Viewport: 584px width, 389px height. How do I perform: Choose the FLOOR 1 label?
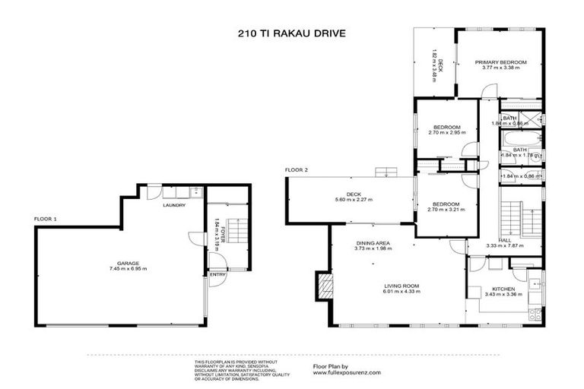click(46, 219)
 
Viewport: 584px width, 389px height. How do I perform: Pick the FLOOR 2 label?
click(296, 169)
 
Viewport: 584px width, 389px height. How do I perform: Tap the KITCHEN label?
click(503, 289)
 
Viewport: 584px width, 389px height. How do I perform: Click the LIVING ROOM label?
click(401, 286)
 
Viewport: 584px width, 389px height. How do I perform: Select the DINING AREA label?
click(373, 243)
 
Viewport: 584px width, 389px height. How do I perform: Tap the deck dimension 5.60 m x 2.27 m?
click(353, 200)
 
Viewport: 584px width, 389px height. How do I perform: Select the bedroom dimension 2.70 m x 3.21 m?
click(446, 209)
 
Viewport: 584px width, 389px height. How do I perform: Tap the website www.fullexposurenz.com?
click(346, 373)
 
